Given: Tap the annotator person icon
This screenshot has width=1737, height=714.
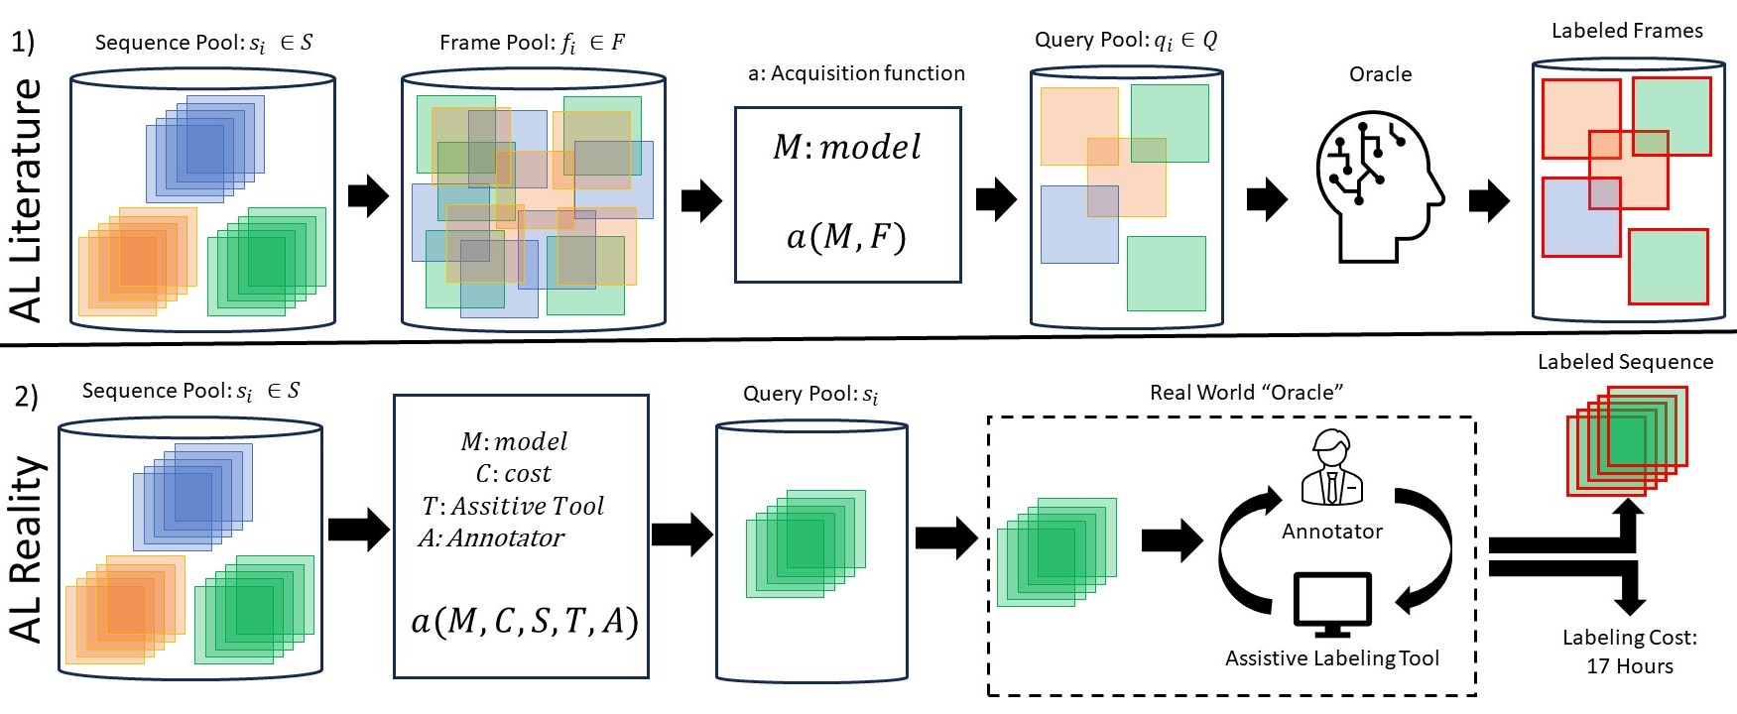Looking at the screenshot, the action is click(x=1331, y=468).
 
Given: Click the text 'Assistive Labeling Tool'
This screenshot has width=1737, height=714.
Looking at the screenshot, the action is click(x=1331, y=658).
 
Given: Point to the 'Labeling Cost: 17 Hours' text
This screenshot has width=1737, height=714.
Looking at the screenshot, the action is click(x=1629, y=652).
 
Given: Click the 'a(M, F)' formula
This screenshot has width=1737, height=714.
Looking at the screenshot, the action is click(x=846, y=237).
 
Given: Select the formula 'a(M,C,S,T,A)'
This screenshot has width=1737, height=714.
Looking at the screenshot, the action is click(x=525, y=621).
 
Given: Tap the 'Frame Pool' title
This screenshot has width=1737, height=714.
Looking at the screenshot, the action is click(x=532, y=43).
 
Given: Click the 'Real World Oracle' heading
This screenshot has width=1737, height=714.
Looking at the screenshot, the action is click(x=1246, y=393).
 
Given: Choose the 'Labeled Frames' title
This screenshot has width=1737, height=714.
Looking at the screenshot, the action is click(x=1627, y=31).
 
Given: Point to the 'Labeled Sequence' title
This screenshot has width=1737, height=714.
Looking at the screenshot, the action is click(x=1625, y=362).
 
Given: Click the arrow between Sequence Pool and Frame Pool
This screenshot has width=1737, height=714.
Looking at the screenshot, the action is click(x=368, y=196).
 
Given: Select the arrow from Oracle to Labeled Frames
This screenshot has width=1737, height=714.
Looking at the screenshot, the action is click(x=1489, y=201).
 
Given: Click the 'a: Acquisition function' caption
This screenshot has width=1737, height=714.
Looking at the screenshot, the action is click(x=856, y=73).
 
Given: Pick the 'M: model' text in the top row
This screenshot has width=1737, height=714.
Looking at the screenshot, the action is click(x=847, y=147).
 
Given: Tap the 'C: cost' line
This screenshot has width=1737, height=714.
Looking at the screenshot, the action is click(x=513, y=474).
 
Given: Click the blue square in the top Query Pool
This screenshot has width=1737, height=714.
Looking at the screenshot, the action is click(x=1079, y=224).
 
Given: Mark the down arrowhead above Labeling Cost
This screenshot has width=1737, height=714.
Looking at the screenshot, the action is click(x=1629, y=603).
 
